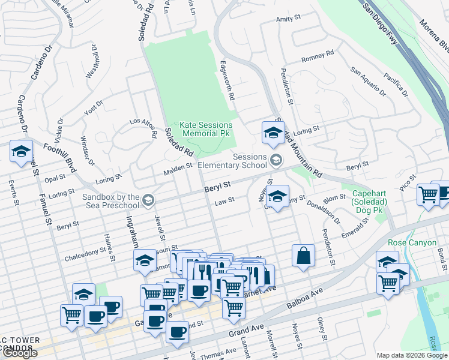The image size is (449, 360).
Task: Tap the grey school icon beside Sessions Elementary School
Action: click(276, 159)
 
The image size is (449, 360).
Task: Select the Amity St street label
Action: click(288, 19)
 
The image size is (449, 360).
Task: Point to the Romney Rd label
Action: click(313, 58)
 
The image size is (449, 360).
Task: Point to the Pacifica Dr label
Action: click(396, 85)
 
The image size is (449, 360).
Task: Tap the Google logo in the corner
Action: click(20, 353)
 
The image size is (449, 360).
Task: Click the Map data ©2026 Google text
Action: click(412, 355)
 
